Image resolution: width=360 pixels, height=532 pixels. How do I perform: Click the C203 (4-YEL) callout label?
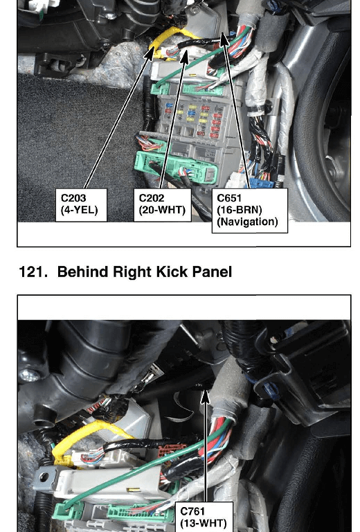click(x=81, y=205)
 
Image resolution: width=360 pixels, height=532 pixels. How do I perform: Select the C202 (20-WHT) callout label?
click(x=163, y=205)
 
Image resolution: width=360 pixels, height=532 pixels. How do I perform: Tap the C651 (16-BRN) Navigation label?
click(x=249, y=211)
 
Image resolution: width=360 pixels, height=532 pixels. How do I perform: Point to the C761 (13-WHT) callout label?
click(x=204, y=517)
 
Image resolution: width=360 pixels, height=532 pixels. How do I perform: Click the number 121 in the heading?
click(x=33, y=272)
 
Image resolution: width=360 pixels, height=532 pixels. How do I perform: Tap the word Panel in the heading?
click(x=212, y=272)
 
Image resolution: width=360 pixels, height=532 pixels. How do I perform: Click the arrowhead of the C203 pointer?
click(x=150, y=54)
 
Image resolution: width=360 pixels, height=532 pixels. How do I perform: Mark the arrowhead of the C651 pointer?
click(x=224, y=39)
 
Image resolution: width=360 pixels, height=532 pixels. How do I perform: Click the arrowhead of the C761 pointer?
click(x=205, y=397)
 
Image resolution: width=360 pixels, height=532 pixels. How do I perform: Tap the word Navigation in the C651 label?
click(x=247, y=222)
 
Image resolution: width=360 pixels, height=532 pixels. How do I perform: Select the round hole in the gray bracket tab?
click(x=44, y=477)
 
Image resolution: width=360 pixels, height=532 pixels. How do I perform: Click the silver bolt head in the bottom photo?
click(x=26, y=375)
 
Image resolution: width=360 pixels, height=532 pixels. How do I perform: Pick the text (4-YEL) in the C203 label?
click(x=80, y=211)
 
